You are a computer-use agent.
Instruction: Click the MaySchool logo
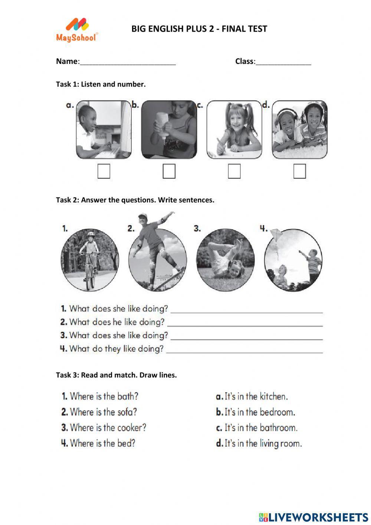pyautogui.click(x=77, y=30)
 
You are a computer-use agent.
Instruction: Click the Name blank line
pyautogui.click(x=127, y=63)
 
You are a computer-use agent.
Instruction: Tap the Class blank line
pyautogui.click(x=283, y=63)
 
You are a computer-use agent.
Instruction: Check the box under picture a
pyautogui.click(x=104, y=171)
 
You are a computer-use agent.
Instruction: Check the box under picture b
pyautogui.click(x=169, y=171)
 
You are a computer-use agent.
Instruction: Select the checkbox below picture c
pyautogui.click(x=234, y=171)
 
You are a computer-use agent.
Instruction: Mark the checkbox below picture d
pyautogui.click(x=299, y=171)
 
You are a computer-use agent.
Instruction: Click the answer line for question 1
pyautogui.click(x=246, y=311)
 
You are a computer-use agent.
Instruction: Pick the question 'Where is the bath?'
pyautogui.click(x=100, y=396)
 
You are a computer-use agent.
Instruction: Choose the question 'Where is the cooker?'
pyautogui.click(x=104, y=428)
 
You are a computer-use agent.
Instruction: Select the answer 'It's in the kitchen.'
pyautogui.click(x=252, y=397)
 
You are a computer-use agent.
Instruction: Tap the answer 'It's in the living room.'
pyautogui.click(x=259, y=443)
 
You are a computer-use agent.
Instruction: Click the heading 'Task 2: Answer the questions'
pyautogui.click(x=135, y=200)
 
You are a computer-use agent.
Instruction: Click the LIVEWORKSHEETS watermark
pyautogui.click(x=313, y=517)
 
